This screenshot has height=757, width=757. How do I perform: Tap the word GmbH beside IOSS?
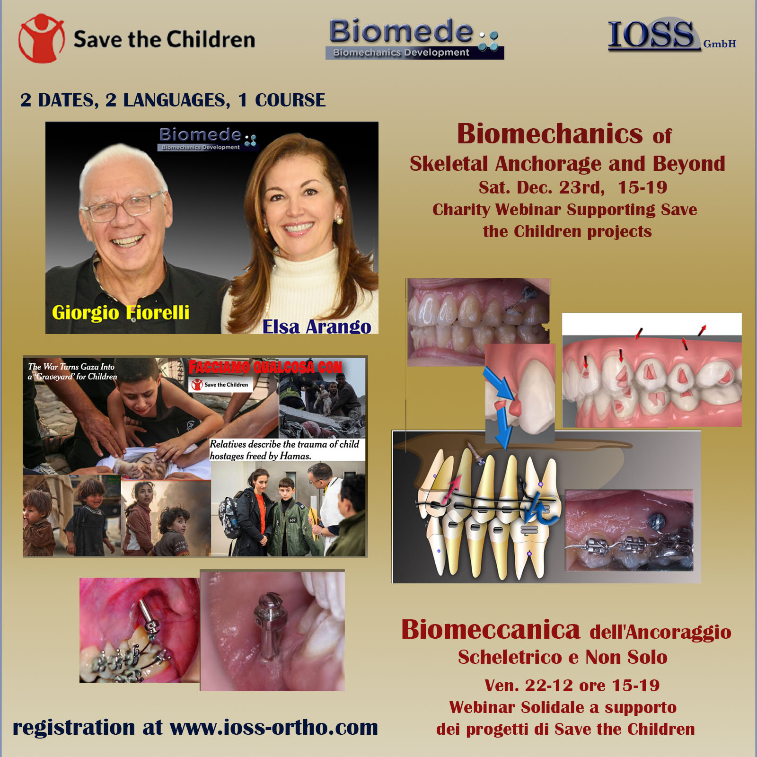(720, 44)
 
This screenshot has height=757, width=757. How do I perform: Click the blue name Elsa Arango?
(317, 326)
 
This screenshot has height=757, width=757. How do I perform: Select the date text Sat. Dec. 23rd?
(542, 187)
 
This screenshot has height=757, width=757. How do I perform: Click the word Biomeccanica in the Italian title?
(491, 629)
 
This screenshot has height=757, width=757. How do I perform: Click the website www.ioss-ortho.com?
(273, 727)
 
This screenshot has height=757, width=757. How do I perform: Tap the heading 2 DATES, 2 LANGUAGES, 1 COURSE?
(173, 100)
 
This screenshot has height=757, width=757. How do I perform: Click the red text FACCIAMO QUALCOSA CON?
(265, 367)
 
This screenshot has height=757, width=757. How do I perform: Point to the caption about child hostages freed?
(284, 450)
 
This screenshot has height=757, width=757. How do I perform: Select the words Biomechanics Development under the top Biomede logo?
(401, 53)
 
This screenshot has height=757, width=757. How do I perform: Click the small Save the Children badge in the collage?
(221, 385)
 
